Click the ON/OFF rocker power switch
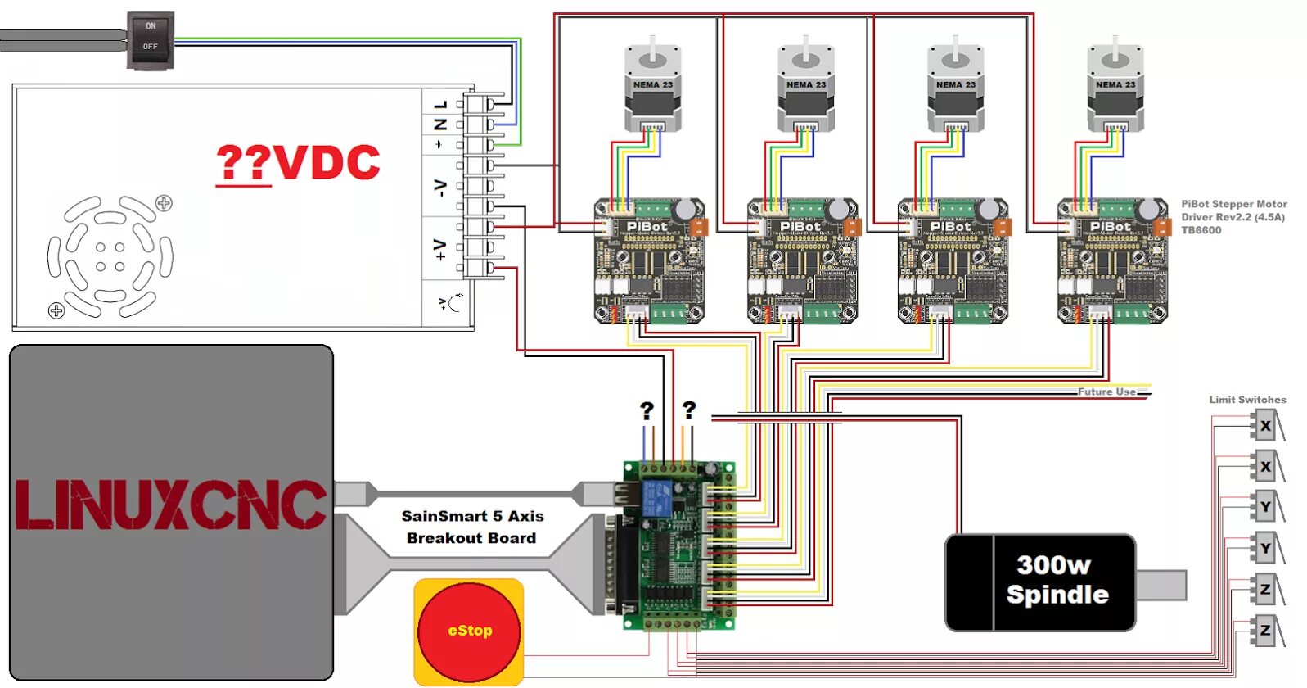click(151, 39)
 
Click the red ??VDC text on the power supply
click(298, 163)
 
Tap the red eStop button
click(469, 631)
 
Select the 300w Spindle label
click(1057, 580)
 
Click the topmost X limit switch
click(1265, 426)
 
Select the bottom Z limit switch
click(1265, 631)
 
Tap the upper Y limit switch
click(1265, 507)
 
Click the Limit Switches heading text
click(1247, 400)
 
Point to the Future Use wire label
click(1106, 392)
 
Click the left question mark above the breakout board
click(647, 410)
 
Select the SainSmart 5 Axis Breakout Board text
click(472, 527)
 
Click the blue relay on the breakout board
click(656, 497)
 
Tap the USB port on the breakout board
click(627, 493)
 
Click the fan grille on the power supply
click(110, 256)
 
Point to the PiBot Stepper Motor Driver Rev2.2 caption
click(1233, 216)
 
